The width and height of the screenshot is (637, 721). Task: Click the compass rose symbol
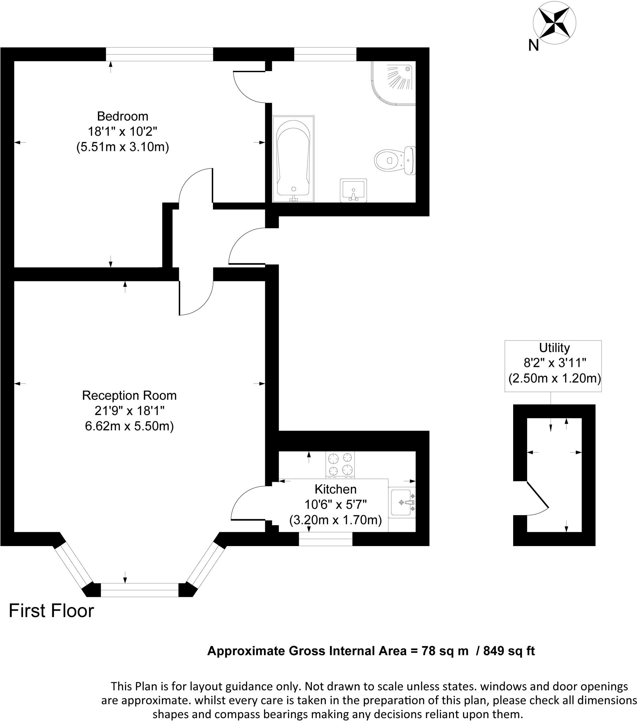click(554, 23)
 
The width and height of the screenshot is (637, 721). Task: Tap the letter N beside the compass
click(533, 45)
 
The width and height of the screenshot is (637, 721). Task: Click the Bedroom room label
click(122, 116)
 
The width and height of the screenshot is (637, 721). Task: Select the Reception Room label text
click(129, 395)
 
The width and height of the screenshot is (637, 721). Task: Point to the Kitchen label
click(335, 489)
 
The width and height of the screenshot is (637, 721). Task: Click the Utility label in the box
click(554, 348)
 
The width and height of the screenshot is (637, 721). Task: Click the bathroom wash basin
click(353, 190)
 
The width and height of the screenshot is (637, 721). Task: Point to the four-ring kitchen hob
click(340, 465)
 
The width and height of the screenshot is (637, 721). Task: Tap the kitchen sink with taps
click(402, 502)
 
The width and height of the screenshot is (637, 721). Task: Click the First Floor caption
click(51, 611)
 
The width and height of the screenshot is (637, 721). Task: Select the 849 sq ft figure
click(509, 651)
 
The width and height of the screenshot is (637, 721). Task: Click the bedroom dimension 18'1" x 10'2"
click(122, 132)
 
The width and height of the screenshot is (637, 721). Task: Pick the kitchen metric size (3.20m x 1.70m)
click(335, 520)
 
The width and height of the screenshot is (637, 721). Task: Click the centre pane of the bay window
click(140, 590)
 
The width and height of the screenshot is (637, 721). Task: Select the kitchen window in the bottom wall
click(325, 539)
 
